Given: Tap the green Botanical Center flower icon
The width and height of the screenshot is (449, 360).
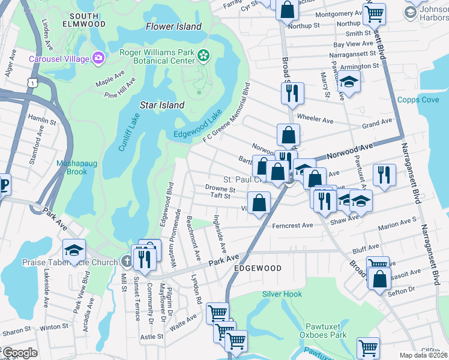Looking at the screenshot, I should [x=203, y=56].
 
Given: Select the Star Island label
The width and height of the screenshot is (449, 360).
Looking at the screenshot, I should [x=162, y=105].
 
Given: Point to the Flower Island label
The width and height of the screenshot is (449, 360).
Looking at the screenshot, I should [x=173, y=26].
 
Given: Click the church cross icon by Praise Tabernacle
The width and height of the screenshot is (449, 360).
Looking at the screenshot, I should [x=126, y=262].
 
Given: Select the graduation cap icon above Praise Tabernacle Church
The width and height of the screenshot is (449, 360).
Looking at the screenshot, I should [x=74, y=250].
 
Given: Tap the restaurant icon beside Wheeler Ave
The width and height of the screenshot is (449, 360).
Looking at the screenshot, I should [x=292, y=92].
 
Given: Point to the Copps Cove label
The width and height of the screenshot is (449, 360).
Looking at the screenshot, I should [x=418, y=100].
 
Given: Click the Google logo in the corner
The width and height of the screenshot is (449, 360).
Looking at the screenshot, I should [x=20, y=353].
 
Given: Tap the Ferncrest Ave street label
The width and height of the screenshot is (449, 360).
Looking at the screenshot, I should [x=292, y=226].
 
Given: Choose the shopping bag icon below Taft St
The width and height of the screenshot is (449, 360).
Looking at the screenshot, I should [x=259, y=202].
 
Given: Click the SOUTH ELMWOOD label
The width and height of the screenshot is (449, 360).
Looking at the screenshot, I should [x=88, y=19].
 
